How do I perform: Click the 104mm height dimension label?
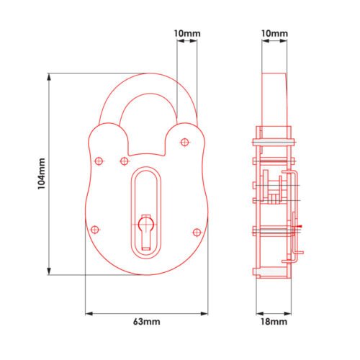point(42,174)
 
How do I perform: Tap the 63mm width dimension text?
point(147,322)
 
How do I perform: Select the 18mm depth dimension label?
point(274,322)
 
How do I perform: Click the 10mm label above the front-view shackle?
point(187,33)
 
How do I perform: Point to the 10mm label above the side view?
point(274,33)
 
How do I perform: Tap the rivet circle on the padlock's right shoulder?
point(184,143)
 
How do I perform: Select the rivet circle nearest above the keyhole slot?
point(124,161)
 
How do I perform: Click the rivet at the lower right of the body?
point(197,233)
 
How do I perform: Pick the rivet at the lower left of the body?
point(95,230)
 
